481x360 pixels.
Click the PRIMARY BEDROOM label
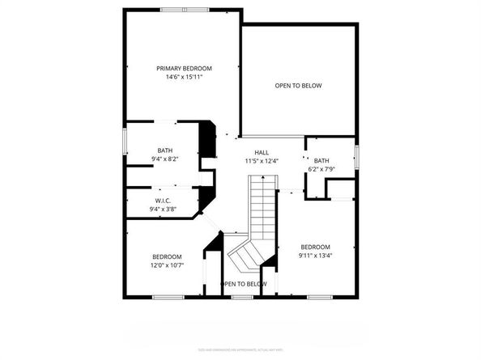point(184,69)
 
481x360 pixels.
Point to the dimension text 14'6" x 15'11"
point(184,78)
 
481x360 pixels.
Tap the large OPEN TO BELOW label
point(298,85)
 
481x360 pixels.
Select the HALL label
point(262,152)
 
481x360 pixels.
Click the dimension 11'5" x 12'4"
point(262,161)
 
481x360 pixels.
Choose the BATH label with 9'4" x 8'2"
point(164,150)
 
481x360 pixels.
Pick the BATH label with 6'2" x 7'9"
point(321,160)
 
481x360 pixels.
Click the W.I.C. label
point(163,201)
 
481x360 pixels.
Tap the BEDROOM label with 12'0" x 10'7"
point(166,256)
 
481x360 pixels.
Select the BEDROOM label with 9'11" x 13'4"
point(315,247)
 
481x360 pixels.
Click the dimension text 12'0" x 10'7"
point(166,265)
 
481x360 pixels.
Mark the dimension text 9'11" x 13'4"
point(315,256)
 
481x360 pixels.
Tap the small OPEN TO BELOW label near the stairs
point(244,284)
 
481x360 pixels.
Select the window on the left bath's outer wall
point(123,139)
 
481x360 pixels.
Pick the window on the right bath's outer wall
point(356,155)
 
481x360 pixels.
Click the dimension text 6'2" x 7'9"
point(321,168)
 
